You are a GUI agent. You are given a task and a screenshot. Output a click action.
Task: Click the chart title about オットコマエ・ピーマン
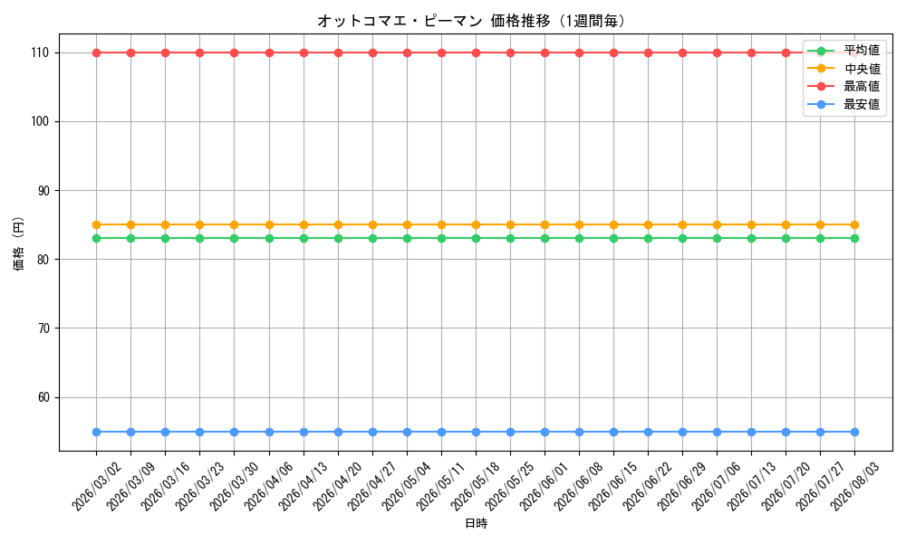pyautogui.click(x=471, y=22)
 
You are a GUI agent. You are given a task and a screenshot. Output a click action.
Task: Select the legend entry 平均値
pyautogui.click(x=843, y=50)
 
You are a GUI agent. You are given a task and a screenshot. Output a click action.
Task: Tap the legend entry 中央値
pyautogui.click(x=843, y=69)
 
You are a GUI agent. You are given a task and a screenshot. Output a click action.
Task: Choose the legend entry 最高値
pyautogui.click(x=843, y=87)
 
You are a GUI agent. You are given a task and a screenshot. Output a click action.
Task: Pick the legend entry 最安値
pyautogui.click(x=843, y=104)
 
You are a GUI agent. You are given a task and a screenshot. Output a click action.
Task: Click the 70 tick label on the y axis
pyautogui.click(x=43, y=329)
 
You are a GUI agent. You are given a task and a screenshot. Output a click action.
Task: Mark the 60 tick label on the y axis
pyautogui.click(x=43, y=397)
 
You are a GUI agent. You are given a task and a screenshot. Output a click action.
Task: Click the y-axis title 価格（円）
pyautogui.click(x=19, y=243)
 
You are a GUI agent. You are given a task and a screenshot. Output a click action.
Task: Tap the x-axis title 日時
pyautogui.click(x=477, y=523)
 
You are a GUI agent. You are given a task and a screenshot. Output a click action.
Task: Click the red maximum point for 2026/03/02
pyautogui.click(x=97, y=53)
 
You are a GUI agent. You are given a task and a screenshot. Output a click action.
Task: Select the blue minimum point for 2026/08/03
pyautogui.click(x=854, y=433)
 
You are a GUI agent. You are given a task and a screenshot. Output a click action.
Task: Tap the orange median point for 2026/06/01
pyautogui.click(x=545, y=225)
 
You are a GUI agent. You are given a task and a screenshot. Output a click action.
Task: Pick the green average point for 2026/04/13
pyautogui.click(x=304, y=238)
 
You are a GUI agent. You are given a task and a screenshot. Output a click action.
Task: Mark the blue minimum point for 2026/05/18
pyautogui.click(x=476, y=433)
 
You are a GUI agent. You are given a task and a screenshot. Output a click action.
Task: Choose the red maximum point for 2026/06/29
pyautogui.click(x=682, y=53)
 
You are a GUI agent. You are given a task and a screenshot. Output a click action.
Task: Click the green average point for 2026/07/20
pyautogui.click(x=786, y=238)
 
